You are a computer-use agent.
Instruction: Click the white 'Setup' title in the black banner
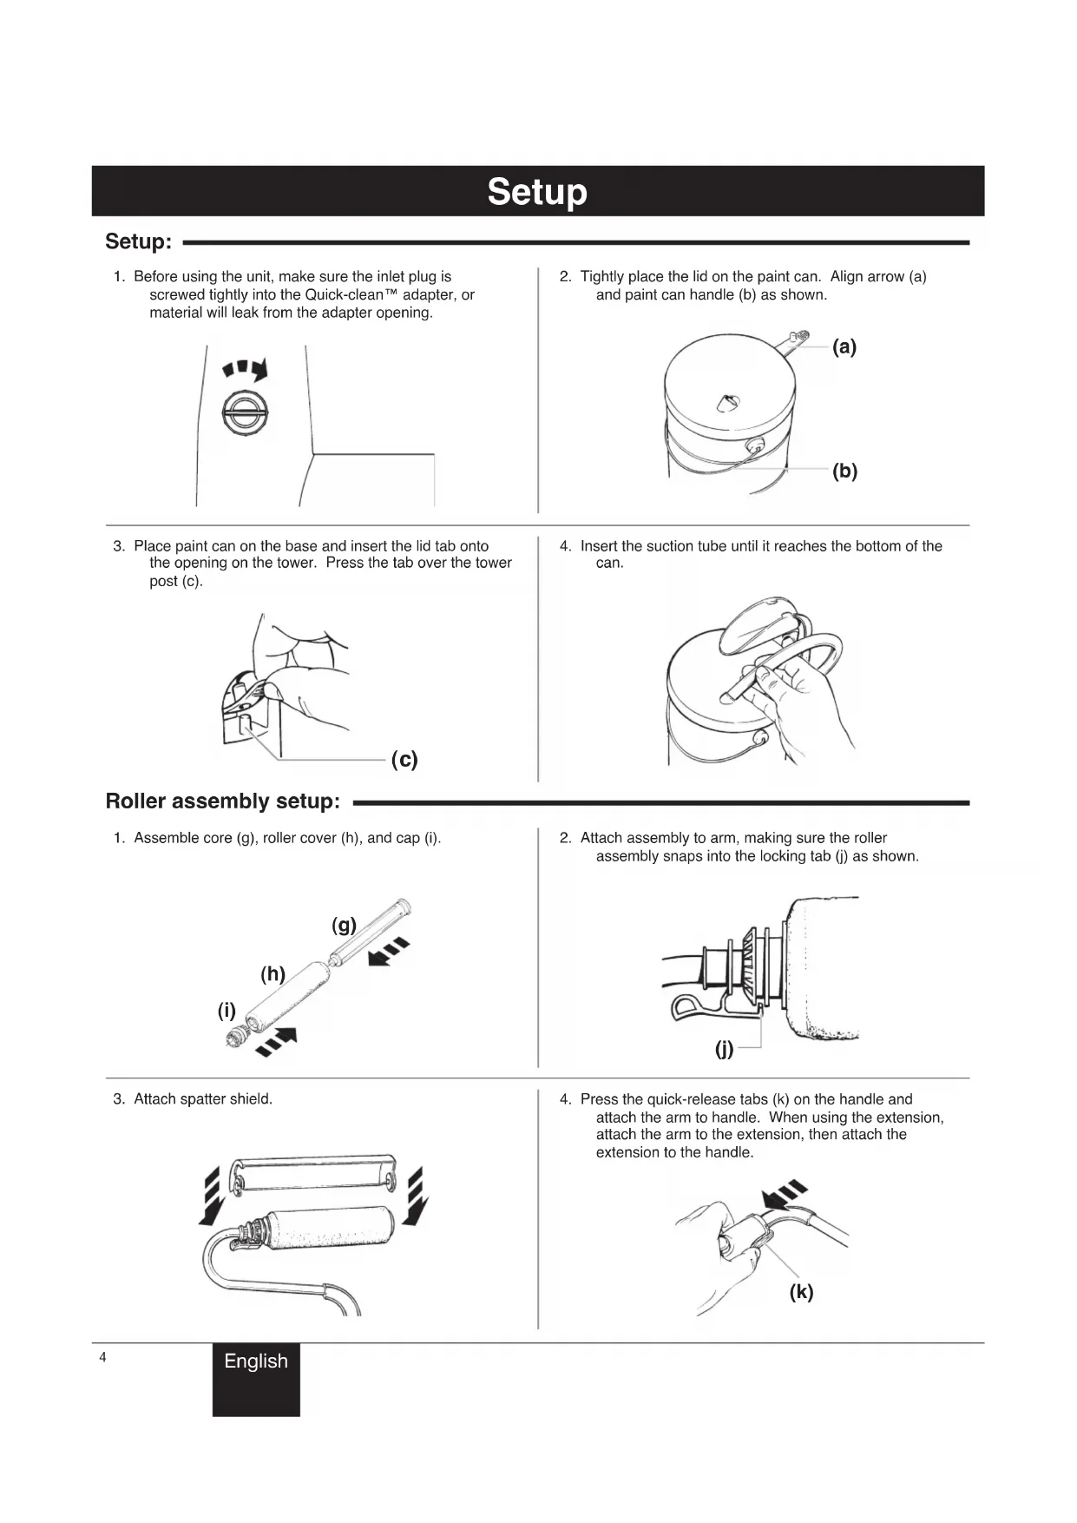537,191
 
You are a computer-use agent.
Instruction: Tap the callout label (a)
844,347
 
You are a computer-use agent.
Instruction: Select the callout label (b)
844,471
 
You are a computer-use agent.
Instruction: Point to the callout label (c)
404,760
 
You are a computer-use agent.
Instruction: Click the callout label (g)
345,925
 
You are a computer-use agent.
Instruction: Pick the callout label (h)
273,973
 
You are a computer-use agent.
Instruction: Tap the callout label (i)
227,1010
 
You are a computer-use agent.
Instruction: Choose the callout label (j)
724,1049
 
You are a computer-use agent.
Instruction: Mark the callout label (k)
801,1292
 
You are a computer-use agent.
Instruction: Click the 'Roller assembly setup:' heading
222,801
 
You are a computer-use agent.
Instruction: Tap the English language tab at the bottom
256,1361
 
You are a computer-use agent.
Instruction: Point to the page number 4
102,1357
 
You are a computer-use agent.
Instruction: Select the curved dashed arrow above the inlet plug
246,370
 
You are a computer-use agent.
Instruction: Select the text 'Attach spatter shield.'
203,1099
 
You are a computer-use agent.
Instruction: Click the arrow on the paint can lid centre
728,403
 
